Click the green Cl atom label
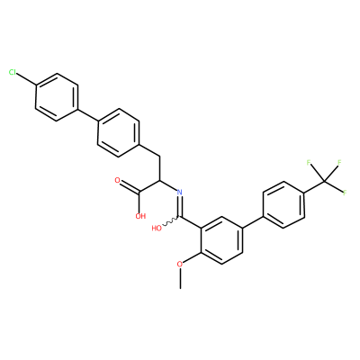13,72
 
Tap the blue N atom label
180,193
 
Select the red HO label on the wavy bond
157,229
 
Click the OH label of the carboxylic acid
140,216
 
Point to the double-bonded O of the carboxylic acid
117,180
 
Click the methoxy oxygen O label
180,265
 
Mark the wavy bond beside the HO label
171,222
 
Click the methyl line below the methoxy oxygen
180,278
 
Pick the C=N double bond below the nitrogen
180,206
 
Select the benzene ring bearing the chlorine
57,97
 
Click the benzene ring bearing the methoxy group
221,240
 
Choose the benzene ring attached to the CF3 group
283,204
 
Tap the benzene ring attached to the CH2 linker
119,133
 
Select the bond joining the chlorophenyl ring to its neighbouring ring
88,115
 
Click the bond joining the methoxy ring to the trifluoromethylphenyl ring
253,222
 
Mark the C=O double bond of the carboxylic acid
130,186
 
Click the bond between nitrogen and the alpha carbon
169,186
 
